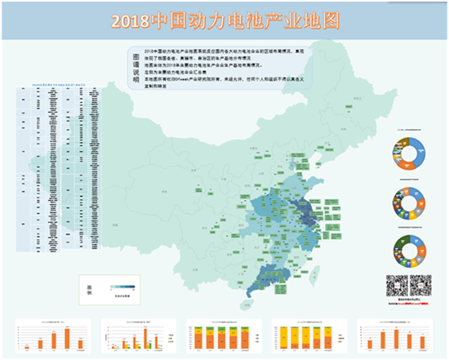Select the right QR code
420,285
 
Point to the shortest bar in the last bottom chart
372,344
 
